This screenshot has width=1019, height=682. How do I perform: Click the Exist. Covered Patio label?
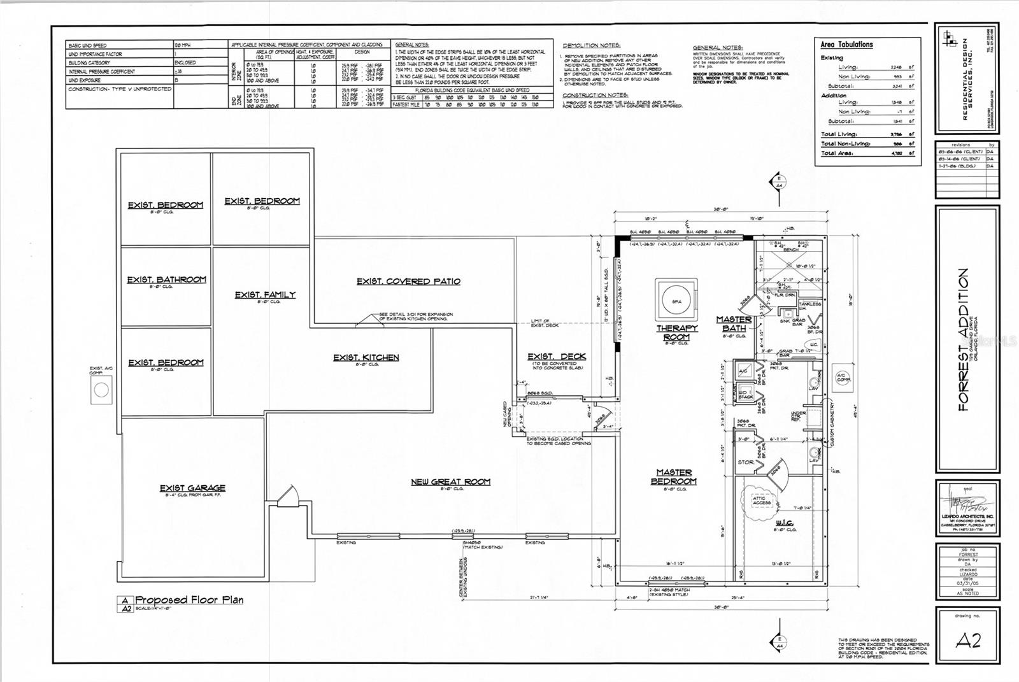tap(408, 281)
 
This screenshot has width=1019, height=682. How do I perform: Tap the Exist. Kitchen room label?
tap(366, 357)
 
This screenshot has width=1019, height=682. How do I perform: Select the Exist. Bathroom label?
tap(166, 280)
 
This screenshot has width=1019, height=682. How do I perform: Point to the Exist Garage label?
tap(192, 488)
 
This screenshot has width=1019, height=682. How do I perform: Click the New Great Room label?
tap(450, 481)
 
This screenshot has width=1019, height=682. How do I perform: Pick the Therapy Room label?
tap(677, 332)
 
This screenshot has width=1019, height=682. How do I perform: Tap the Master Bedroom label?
tap(674, 476)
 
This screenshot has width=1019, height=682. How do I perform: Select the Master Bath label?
tap(734, 323)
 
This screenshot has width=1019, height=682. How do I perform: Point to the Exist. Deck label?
tap(556, 357)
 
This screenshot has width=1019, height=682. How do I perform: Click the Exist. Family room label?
tap(265, 295)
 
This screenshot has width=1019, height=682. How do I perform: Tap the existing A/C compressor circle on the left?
tap(101, 390)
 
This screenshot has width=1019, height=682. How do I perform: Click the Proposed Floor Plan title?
tap(189, 600)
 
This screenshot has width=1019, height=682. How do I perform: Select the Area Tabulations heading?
tap(846, 45)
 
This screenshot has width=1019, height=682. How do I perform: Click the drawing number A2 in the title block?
tap(967, 641)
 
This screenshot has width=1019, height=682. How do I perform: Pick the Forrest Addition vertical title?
tap(963, 339)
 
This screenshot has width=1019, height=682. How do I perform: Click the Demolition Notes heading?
tap(591, 46)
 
